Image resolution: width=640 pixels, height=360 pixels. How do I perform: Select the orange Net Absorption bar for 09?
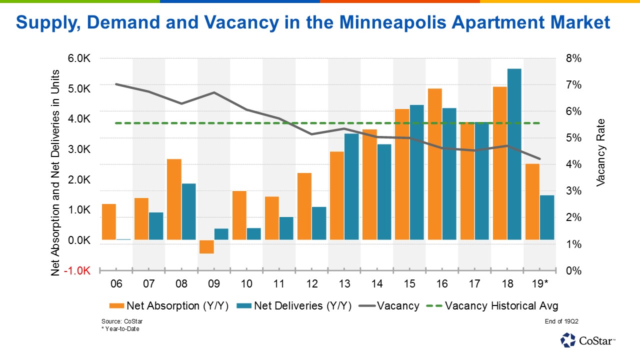point(206,246)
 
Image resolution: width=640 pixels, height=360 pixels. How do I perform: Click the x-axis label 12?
point(312,284)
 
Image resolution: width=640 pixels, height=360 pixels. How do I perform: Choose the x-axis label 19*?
point(540,284)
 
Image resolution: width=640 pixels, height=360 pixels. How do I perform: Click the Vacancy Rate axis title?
point(601,152)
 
